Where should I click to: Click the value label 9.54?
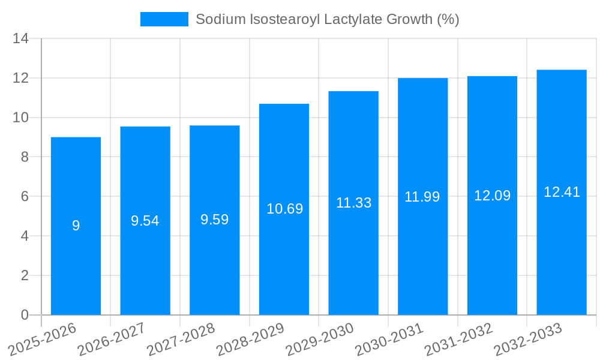click(145, 221)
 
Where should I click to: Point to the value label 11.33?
click(353, 203)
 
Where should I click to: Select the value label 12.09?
click(492, 196)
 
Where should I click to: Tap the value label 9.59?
click(214, 220)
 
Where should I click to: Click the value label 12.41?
click(562, 192)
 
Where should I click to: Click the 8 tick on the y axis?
click(25, 157)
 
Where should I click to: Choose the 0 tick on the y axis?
click(25, 315)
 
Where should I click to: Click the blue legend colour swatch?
click(164, 19)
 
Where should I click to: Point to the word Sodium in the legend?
click(218, 19)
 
